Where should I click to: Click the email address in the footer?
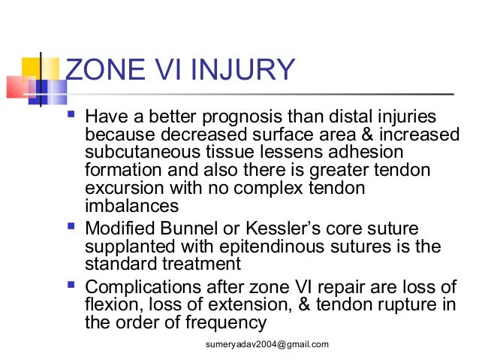(x=267, y=344)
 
